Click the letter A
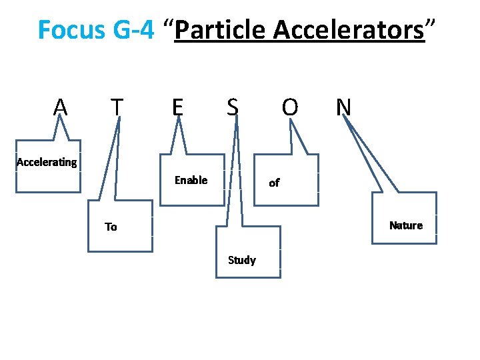pos(61,107)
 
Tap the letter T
pos(117,107)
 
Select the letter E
pos(177,107)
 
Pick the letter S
pos(232,107)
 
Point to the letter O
pos(289,107)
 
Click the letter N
pos(344,107)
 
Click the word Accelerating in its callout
pos(47,162)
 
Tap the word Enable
pos(191,180)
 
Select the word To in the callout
pos(111,227)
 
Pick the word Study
pos(241,260)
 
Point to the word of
pos(274,182)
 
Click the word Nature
pos(406,225)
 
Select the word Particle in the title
pos(220,30)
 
